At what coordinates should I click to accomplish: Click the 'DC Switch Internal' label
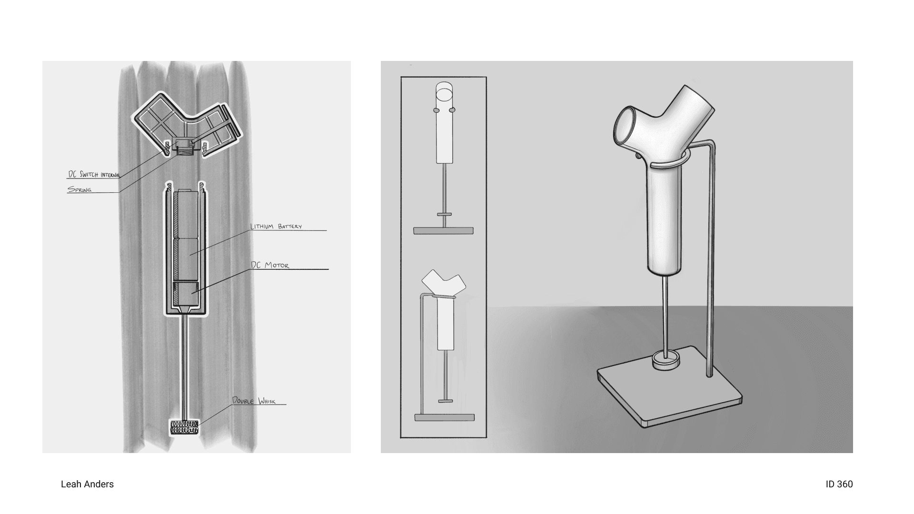tap(94, 175)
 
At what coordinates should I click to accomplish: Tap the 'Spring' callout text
tap(79, 189)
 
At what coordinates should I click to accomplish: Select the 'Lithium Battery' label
tap(276, 227)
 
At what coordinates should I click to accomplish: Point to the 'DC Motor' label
tap(270, 265)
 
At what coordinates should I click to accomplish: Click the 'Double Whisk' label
tap(254, 401)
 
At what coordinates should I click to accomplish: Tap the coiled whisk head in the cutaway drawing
tap(185, 427)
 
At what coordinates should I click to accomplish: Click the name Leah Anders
tap(88, 484)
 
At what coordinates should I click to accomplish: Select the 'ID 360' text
tap(839, 484)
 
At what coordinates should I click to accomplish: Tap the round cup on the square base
tap(666, 359)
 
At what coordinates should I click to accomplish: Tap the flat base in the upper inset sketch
tap(444, 231)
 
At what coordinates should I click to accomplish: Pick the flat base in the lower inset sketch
tap(445, 417)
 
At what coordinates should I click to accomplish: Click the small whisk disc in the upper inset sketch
tap(444, 214)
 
